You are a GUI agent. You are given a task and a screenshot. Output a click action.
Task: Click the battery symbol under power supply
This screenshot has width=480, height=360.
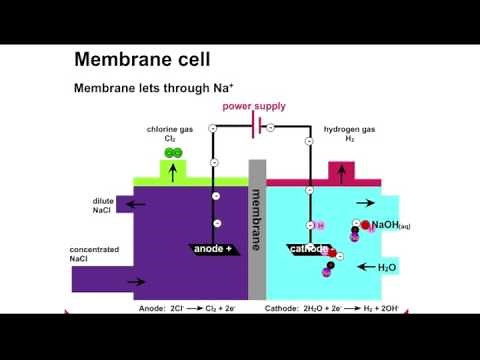(260, 127)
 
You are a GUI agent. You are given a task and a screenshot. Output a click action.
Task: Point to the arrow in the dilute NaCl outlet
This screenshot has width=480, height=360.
(134, 204)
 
